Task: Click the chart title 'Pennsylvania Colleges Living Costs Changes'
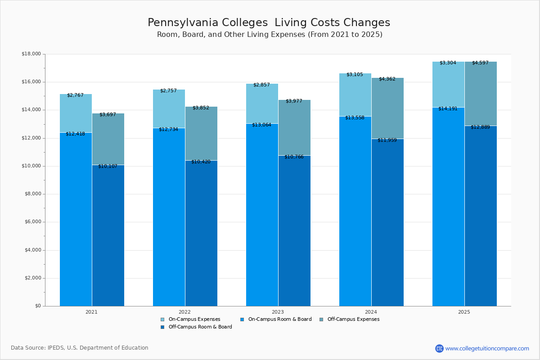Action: point(269,22)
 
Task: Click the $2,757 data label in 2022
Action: point(169,91)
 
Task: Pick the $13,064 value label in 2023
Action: point(261,125)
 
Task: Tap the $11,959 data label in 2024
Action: point(387,140)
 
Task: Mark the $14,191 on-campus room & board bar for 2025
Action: point(448,207)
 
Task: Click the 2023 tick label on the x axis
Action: point(278,312)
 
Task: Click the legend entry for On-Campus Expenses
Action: point(194,319)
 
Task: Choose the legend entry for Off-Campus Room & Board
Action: point(200,327)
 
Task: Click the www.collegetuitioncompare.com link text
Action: point(487,348)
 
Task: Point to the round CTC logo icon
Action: point(439,348)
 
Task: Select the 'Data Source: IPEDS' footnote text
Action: point(80,348)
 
